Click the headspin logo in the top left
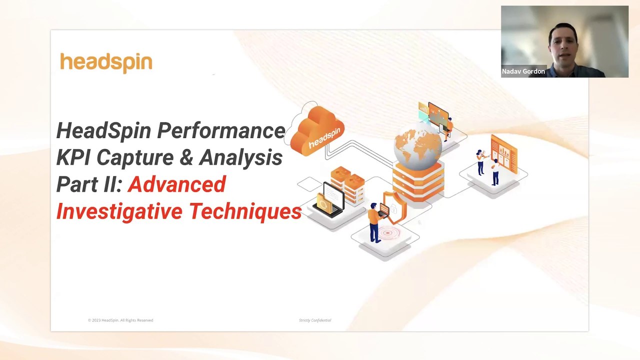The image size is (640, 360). coord(106,63)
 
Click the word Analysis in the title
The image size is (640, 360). coord(240,157)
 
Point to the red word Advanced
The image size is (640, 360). coord(177,184)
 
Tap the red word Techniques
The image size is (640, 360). coord(245,211)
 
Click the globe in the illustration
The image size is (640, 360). coord(417,148)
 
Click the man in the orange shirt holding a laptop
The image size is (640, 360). coord(374,220)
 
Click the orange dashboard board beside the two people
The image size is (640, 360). coord(504,152)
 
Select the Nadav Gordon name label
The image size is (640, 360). coord(523,71)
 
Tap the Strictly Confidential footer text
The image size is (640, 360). coord(315,320)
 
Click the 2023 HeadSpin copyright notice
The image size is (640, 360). coord(120,320)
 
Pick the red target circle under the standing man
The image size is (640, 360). coord(387,232)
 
